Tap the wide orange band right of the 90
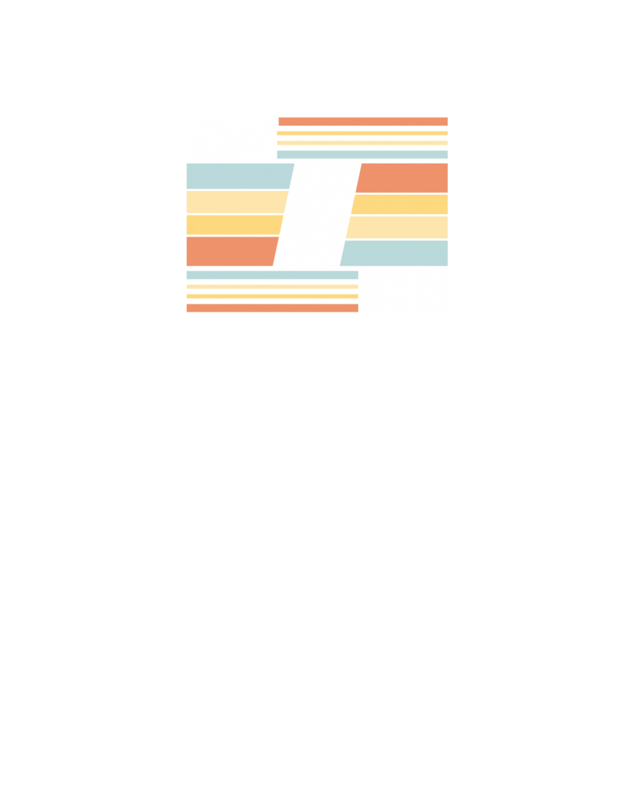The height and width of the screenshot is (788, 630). [x=403, y=178]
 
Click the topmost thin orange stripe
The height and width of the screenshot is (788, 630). [x=362, y=121]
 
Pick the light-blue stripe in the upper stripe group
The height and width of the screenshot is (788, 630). [x=362, y=154]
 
